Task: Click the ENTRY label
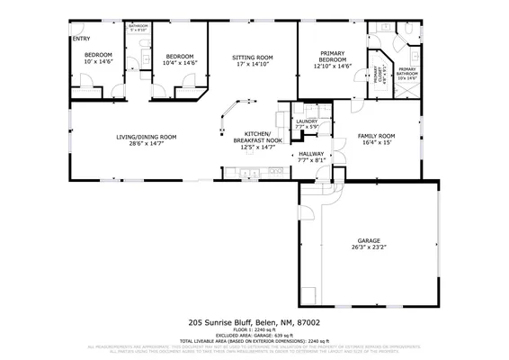tap(81, 39)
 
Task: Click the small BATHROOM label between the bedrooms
tap(138, 27)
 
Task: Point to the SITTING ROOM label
tap(253, 57)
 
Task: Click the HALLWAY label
tap(311, 154)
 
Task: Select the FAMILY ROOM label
tap(378, 136)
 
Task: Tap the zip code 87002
tap(308, 321)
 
